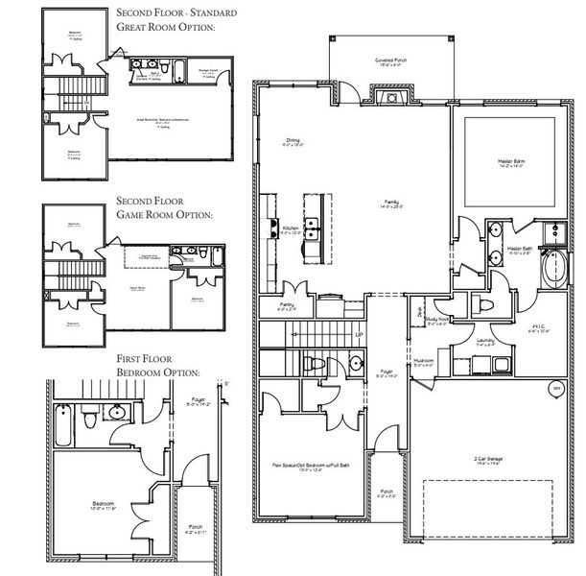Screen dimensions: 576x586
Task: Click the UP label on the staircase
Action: tap(359, 335)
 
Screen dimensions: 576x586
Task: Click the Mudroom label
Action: tap(424, 364)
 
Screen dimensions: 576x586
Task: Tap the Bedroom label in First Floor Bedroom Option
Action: tap(104, 506)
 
